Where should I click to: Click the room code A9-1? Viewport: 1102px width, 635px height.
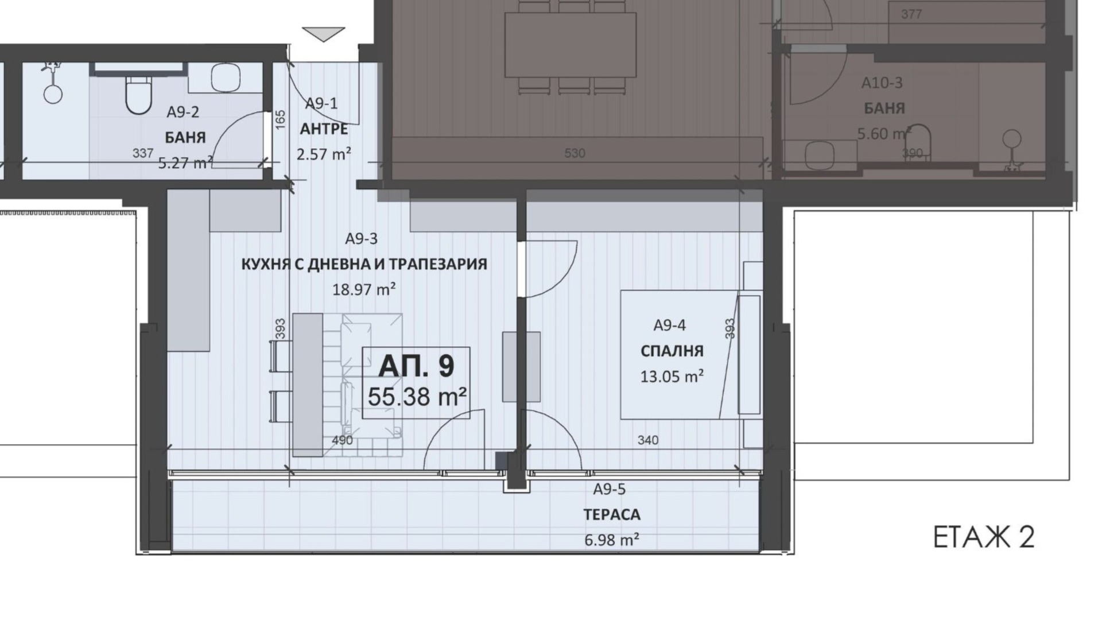tap(321, 104)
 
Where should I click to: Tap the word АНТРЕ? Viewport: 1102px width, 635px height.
tap(324, 129)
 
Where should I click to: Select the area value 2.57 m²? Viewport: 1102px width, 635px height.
tap(324, 154)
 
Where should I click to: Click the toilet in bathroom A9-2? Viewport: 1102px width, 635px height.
tap(138, 95)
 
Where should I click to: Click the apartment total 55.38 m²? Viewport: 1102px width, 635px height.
tap(417, 396)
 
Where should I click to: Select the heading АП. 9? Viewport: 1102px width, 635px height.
tap(417, 366)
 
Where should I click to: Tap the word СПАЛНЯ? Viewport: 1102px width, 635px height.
tap(672, 351)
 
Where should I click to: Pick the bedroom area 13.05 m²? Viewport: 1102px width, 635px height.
tap(672, 377)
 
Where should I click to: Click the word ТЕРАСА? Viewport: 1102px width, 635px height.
tap(612, 515)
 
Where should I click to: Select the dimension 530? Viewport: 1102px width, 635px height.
tap(575, 153)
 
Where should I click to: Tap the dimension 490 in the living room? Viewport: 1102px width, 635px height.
tap(343, 440)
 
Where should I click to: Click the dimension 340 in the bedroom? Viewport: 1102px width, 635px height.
tap(648, 440)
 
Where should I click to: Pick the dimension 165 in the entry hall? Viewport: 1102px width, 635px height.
tap(281, 119)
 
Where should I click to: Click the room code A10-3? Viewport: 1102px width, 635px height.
tap(882, 83)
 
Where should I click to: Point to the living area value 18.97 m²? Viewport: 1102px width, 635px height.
tap(364, 289)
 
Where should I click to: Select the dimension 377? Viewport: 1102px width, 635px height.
tap(911, 14)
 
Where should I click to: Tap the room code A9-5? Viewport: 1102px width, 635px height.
tap(610, 490)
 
